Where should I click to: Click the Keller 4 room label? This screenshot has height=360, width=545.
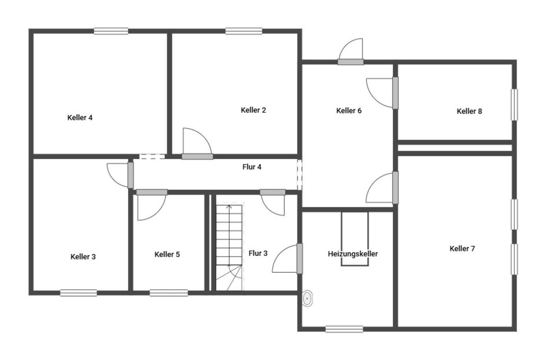80,118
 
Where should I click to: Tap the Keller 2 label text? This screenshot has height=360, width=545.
253,110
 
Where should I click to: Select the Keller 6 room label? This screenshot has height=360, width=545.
349,110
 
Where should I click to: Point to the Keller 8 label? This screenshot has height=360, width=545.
469,111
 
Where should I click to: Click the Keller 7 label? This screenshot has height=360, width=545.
462,249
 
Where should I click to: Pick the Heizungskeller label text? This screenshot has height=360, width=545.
353,254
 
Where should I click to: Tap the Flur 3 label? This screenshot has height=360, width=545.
258,253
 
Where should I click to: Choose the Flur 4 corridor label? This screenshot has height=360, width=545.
252,167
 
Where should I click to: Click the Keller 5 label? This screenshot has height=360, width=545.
167,254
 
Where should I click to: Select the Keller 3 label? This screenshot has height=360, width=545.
83,257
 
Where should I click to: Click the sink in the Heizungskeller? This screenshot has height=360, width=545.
307,298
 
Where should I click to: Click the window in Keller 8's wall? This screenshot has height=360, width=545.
514,105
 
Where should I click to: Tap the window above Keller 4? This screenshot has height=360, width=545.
111,31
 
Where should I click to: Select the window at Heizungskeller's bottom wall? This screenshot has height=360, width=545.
344,329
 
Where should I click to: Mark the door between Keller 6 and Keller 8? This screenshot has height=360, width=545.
382,93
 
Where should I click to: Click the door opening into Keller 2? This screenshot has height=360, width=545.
197,144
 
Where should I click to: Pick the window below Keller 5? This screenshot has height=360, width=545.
168,293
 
